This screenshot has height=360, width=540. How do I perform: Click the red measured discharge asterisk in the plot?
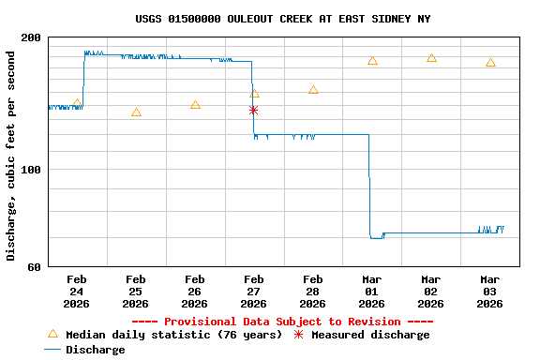253,110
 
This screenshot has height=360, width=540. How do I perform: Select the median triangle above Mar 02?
431,58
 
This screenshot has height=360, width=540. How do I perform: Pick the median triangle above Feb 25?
136,112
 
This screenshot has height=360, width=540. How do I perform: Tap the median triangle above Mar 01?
372,61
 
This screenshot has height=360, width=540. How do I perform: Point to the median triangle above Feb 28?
313,90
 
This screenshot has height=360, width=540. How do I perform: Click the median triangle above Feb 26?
195,105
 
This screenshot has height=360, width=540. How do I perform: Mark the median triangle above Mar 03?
490,63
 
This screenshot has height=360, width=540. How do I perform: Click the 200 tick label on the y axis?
31,37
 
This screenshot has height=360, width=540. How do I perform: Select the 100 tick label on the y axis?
31,170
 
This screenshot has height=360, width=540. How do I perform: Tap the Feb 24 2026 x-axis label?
77,292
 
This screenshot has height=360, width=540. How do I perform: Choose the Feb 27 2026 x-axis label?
253,292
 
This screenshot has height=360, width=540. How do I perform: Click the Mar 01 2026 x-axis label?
372,292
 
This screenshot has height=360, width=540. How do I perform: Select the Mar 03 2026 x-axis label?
490,292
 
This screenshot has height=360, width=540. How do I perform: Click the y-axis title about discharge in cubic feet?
11,156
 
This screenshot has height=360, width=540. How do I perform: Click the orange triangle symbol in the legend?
52,334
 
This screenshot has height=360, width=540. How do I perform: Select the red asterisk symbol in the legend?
299,335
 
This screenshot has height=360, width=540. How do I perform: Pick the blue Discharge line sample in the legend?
52,350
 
